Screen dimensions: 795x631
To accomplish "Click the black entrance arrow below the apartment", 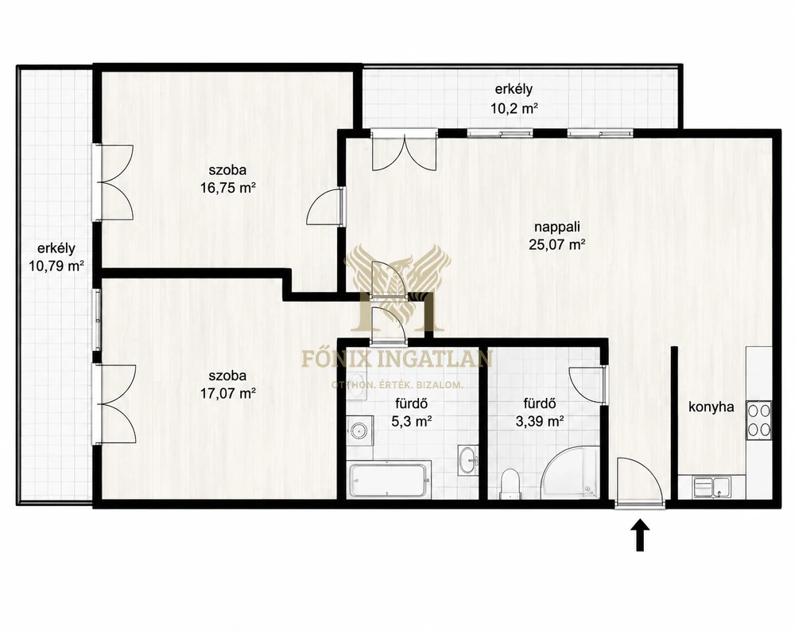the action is click(640, 535).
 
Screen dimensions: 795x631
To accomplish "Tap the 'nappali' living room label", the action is click(557, 227).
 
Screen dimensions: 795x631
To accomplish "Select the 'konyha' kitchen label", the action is click(711, 407).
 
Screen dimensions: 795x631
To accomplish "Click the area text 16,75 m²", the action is click(227, 188).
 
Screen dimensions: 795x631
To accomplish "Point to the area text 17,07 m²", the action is click(227, 393).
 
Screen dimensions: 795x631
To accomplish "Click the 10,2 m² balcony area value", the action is click(514, 108).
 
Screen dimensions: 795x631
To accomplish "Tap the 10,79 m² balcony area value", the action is click(56, 266).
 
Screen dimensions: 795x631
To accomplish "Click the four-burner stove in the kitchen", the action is click(758, 420).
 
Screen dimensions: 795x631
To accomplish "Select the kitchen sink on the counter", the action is click(712, 487).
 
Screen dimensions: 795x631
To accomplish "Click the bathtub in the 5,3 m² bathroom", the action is click(389, 481).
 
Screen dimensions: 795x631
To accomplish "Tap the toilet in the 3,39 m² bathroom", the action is click(510, 483).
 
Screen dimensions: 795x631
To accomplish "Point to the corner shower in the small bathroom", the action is click(569, 473).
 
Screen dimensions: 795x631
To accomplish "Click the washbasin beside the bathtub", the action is click(467, 461).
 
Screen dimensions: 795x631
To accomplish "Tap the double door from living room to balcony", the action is click(404, 150).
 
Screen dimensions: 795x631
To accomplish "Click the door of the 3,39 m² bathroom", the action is click(588, 385).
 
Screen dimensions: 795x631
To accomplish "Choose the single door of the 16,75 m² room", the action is click(326, 206).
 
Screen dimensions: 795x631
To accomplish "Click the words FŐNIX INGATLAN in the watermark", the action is click(397, 358).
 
